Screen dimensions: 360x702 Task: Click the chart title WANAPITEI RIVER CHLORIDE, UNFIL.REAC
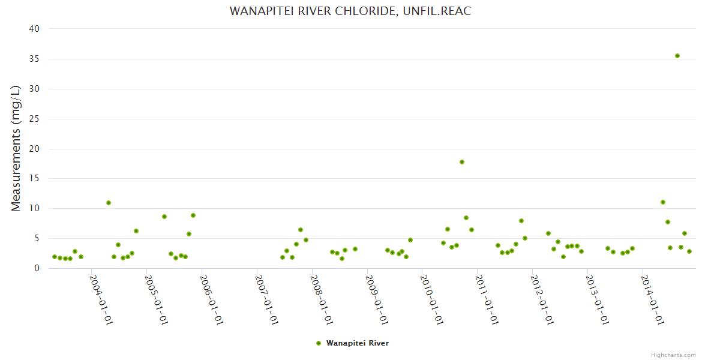pyautogui.click(x=350, y=11)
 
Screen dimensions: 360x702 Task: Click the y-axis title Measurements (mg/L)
pyautogui.click(x=16, y=148)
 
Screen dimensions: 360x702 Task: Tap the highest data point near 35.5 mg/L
pyautogui.click(x=677, y=56)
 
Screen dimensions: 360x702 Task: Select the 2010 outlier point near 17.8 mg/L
pyautogui.click(x=462, y=162)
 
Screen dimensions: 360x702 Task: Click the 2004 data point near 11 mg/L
pyautogui.click(x=109, y=203)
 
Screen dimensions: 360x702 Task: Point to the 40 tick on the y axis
pyautogui.click(x=34, y=29)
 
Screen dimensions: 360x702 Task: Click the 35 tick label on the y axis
pyautogui.click(x=34, y=59)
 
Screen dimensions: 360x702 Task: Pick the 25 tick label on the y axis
pyautogui.click(x=34, y=119)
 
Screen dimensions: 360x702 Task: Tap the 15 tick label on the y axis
pyautogui.click(x=34, y=178)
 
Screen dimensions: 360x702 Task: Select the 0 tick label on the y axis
pyautogui.click(x=37, y=268)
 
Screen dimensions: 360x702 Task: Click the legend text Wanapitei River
pyautogui.click(x=358, y=343)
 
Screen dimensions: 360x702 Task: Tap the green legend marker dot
pyautogui.click(x=319, y=343)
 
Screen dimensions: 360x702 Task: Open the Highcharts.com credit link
pyautogui.click(x=673, y=355)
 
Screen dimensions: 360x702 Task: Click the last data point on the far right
pyautogui.click(x=689, y=251)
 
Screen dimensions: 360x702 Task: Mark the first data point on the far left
pyautogui.click(x=55, y=257)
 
